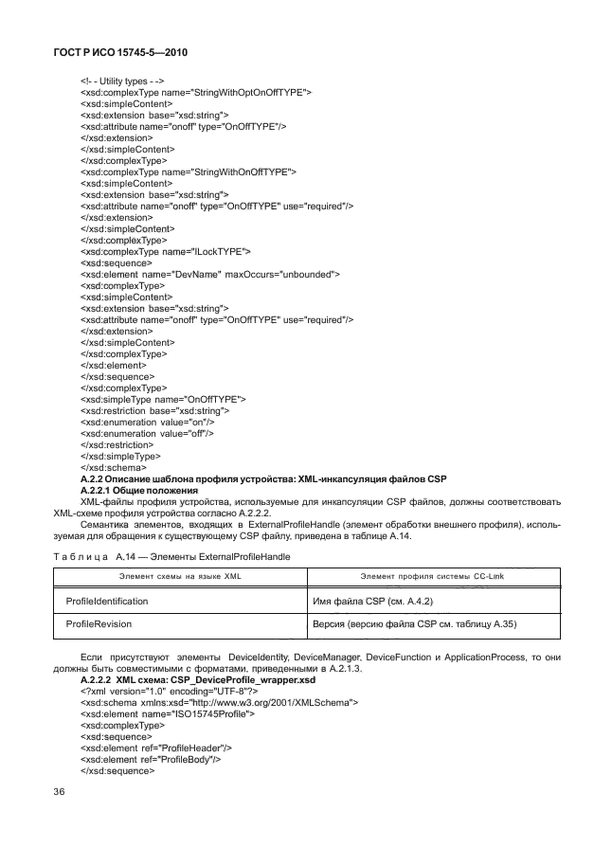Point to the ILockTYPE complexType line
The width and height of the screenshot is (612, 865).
(x=166, y=251)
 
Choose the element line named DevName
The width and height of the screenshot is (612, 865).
(x=210, y=274)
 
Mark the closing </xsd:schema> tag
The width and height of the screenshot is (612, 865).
(x=113, y=467)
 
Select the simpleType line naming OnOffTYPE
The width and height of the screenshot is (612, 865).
(x=163, y=399)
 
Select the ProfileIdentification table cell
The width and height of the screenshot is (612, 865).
(x=106, y=601)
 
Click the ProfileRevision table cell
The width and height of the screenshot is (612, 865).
(x=99, y=624)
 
